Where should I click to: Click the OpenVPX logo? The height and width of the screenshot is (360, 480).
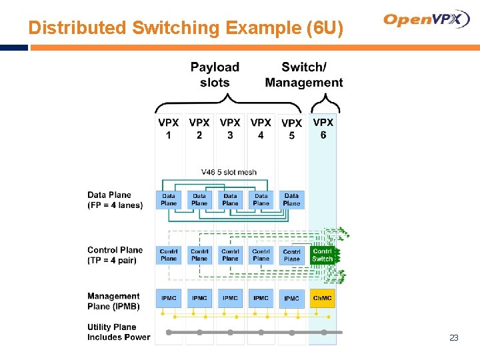pos(427,19)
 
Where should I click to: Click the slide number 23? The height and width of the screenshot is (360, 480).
pos(454,338)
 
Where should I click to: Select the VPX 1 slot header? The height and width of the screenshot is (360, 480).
pos(168,129)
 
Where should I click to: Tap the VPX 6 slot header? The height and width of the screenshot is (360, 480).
pos(323,129)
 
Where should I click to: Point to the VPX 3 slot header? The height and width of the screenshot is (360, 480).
pos(230,129)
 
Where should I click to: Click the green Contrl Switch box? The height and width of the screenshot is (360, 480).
pos(323,255)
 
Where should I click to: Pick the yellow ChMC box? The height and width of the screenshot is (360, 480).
pos(323,298)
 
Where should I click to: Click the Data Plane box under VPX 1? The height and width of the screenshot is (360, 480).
pos(169,199)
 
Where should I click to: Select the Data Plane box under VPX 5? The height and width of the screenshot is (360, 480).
pos(291,199)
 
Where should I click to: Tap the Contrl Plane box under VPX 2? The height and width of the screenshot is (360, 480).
pos(199,255)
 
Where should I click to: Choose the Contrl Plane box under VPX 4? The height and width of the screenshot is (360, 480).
pos(261,255)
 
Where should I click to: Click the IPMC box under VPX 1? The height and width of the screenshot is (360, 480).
pos(169,298)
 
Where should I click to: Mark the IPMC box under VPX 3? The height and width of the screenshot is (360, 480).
pos(230,298)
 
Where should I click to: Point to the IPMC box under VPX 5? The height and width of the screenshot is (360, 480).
pos(291,298)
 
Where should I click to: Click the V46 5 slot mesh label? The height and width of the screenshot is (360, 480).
pos(229,172)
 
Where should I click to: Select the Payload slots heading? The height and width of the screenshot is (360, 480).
pos(215,75)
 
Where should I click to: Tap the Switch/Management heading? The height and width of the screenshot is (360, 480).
pos(304,75)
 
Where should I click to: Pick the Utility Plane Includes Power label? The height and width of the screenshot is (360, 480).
pos(118,332)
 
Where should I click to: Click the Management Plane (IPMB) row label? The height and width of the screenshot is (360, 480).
pos(113,301)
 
